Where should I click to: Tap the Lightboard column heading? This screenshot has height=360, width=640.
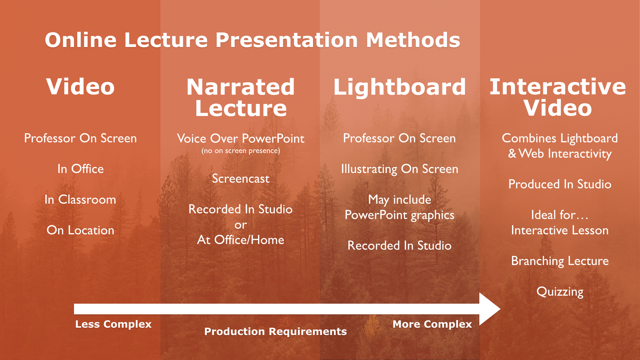point(399,87)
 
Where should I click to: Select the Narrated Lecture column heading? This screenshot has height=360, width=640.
point(241,97)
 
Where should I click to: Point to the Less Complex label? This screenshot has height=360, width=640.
point(113,324)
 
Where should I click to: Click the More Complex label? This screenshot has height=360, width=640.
point(432,324)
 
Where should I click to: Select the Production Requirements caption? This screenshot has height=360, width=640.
point(275,331)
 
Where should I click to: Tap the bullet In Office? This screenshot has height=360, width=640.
point(80,169)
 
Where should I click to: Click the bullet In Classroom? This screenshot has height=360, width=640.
point(80,200)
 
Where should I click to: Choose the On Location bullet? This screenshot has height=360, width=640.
point(80,230)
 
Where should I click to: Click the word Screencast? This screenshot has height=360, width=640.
point(241,179)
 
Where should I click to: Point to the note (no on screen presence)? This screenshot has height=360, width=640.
point(241,151)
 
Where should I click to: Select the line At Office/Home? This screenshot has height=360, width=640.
point(241,240)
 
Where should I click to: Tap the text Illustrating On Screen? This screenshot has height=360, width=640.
point(399,169)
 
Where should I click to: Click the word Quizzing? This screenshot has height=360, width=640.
point(560,292)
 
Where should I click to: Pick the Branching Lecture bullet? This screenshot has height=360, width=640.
point(560,261)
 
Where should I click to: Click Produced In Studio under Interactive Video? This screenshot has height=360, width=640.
point(560,184)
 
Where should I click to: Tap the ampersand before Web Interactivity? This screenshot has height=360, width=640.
point(512,154)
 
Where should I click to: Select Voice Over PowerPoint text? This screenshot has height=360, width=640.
point(241,138)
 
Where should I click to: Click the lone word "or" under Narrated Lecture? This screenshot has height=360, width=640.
point(241,225)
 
